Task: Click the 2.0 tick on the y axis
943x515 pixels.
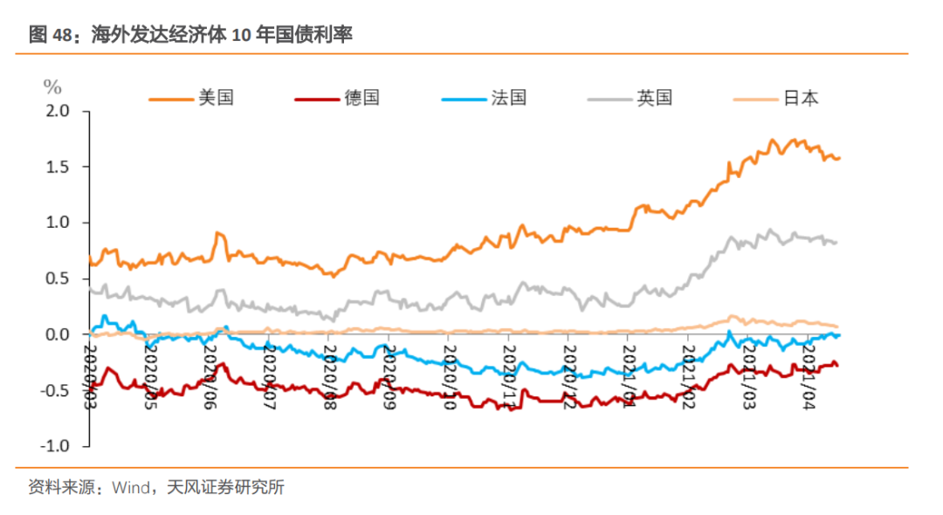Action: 57,111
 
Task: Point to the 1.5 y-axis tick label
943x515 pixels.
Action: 57,167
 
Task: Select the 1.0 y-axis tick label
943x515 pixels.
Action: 57,223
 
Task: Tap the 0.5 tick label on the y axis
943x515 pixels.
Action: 57,278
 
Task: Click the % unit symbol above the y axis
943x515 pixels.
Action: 52,86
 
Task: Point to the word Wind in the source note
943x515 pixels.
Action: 130,487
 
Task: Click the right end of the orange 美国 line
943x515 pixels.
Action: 838,158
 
